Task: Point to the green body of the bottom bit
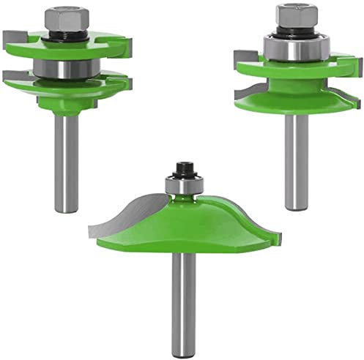tap(183, 234)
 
